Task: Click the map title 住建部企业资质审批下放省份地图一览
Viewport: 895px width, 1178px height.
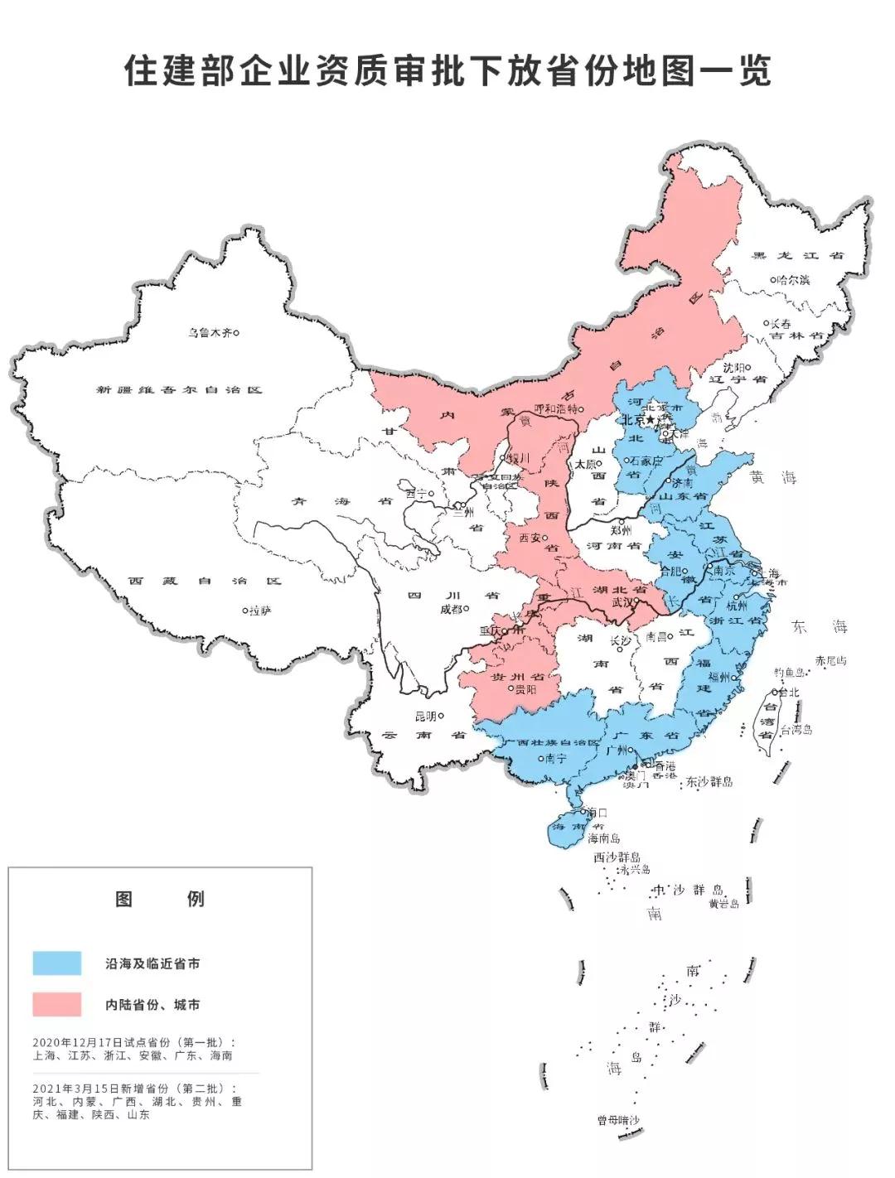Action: [447, 71]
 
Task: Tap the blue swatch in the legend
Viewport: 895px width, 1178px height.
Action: [57, 963]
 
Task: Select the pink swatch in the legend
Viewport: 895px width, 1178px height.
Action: [57, 1004]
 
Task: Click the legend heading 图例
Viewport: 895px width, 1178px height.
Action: [159, 899]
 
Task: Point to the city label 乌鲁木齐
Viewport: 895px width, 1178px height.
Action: [208, 333]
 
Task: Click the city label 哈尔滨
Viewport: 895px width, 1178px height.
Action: [793, 280]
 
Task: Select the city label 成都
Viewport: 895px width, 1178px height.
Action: [452, 609]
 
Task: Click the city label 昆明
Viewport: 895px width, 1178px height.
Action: [426, 716]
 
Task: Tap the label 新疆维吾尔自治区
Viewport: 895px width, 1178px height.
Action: [178, 389]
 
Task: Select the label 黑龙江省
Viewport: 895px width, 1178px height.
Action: [797, 255]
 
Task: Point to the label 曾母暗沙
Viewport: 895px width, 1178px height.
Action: [618, 1120]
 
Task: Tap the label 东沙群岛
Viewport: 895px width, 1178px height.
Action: [709, 781]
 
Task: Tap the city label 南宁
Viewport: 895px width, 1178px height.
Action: [555, 757]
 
